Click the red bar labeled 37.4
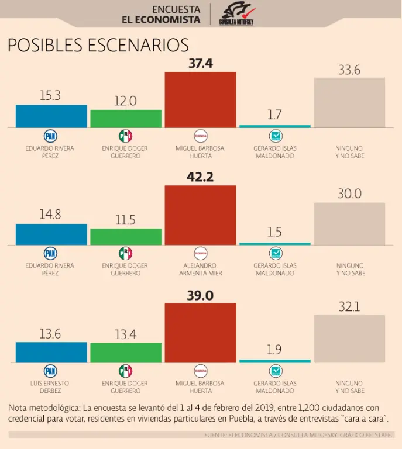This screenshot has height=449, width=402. click(200, 99)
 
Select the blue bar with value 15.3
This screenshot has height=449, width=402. click(51, 116)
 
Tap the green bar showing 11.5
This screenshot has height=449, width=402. click(125, 237)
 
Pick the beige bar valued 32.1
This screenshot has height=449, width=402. click(349, 339)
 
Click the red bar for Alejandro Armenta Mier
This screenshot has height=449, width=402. click(200, 215)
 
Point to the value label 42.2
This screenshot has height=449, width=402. click(200, 177)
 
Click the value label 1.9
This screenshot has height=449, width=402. click(274, 350)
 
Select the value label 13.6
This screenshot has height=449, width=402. click(50, 334)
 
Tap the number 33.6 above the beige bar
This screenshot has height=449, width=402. click(349, 70)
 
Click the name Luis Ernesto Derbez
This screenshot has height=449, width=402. click(50, 387)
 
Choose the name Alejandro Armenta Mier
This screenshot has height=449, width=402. click(200, 270)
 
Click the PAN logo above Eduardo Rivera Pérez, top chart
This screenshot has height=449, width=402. click(50, 136)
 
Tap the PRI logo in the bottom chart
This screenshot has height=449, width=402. click(125, 371)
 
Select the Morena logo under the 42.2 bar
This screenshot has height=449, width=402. click(200, 253)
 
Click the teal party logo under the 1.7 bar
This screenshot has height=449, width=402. click(275, 136)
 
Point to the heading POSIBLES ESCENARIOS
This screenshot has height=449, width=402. click(98, 46)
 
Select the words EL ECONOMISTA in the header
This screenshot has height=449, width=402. click(161, 20)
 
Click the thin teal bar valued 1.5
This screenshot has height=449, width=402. click(275, 244)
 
